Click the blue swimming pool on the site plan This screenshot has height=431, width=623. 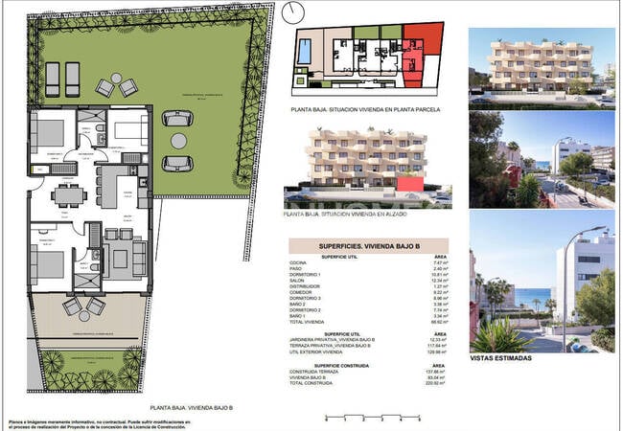point(304,51)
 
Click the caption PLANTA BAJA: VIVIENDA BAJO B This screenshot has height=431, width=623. point(193,408)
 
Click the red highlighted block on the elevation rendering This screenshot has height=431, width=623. point(410,183)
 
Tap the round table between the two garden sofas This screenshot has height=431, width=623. point(176,140)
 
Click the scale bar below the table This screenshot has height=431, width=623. point(371,416)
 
